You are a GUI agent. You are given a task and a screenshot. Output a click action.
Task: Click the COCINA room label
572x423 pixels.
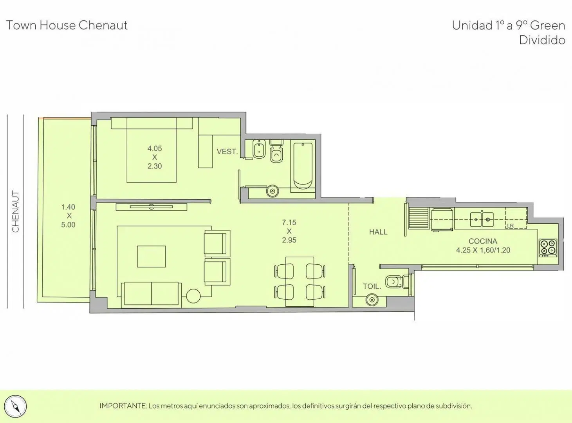482,241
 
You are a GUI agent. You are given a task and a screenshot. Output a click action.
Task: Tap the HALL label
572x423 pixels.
378,232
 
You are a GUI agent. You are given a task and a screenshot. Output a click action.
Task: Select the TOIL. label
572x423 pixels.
372,286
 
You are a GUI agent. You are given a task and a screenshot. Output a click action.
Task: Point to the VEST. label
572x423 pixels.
227,152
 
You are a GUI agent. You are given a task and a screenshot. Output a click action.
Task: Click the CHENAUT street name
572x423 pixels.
16,211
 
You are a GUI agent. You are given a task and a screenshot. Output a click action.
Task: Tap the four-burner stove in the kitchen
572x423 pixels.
548,248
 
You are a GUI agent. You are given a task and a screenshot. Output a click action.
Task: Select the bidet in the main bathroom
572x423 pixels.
259,149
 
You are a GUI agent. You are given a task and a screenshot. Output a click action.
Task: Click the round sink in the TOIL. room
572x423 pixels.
372,300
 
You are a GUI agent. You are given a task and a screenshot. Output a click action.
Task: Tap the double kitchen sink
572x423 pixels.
482,219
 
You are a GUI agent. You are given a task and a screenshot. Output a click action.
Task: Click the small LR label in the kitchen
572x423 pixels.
510,226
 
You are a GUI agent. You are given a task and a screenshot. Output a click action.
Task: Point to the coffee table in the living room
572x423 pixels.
151,256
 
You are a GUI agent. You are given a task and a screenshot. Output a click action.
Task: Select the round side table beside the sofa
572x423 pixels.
193,296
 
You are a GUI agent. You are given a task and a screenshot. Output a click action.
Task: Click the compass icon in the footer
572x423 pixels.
16,407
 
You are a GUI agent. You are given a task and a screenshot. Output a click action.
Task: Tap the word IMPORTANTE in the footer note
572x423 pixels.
123,406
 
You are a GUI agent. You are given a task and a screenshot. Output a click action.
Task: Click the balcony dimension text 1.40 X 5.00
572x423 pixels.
69,216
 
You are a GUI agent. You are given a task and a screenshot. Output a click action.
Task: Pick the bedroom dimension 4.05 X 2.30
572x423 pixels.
155,157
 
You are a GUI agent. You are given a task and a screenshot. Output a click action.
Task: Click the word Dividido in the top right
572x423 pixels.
542,40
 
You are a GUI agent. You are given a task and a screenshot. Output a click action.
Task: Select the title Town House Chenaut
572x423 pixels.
67,25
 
